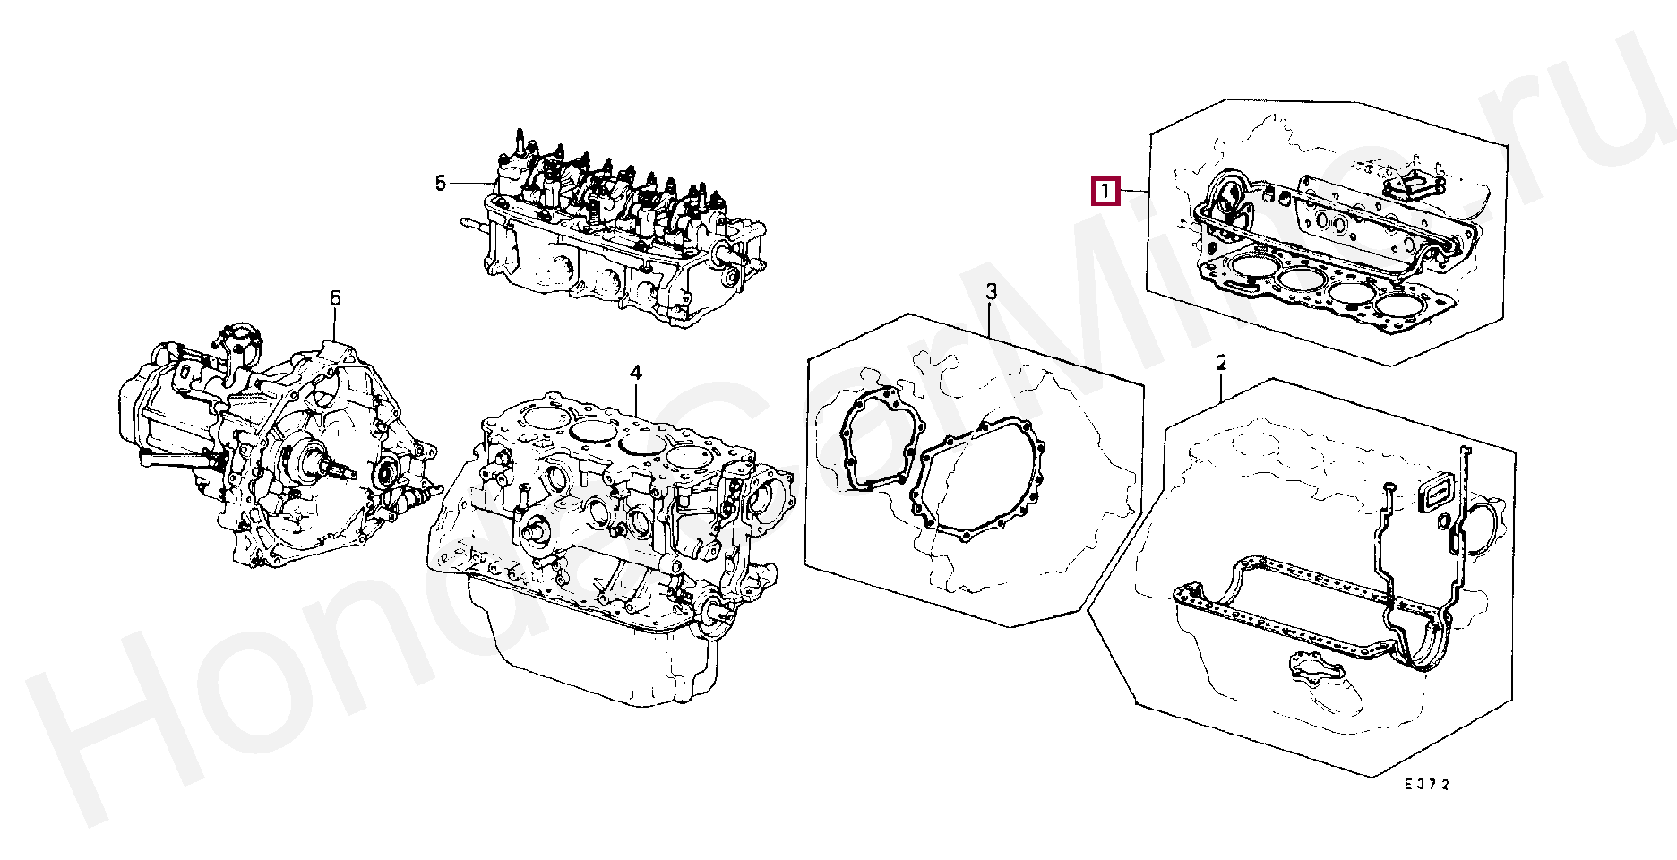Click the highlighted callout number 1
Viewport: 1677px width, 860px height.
pyautogui.click(x=1105, y=191)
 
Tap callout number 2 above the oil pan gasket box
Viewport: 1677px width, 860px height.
pyautogui.click(x=1221, y=363)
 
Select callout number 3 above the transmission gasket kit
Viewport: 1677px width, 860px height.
pyautogui.click(x=992, y=292)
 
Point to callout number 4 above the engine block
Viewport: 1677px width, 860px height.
pyautogui.click(x=635, y=372)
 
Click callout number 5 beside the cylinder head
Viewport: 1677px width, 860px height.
pyautogui.click(x=440, y=184)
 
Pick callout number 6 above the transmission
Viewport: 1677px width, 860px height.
pyautogui.click(x=335, y=297)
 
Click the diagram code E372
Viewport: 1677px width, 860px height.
pyautogui.click(x=1425, y=785)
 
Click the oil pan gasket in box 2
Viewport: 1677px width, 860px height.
pyautogui.click(x=1290, y=609)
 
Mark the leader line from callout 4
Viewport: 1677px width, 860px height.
pyautogui.click(x=635, y=399)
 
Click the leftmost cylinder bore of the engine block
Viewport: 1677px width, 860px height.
pyautogui.click(x=542, y=417)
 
